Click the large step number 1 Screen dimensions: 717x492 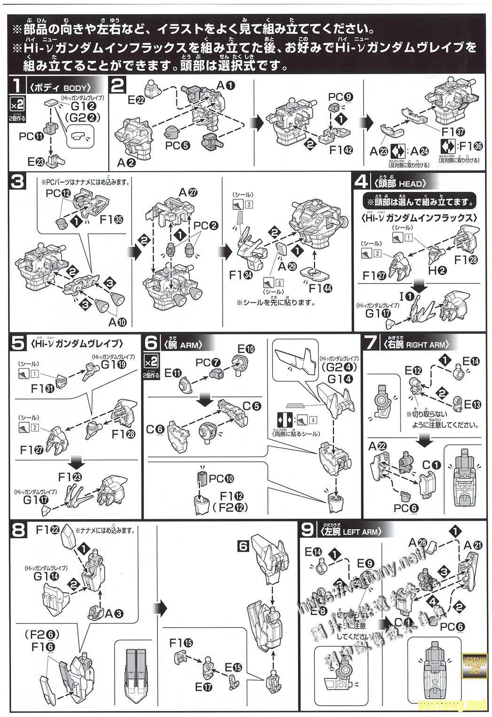point(17,86)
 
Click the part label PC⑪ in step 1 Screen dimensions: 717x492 point(31,136)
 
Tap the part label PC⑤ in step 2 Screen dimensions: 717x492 point(177,145)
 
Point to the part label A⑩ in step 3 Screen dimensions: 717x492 point(117,322)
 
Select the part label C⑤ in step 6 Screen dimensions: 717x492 point(252,406)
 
